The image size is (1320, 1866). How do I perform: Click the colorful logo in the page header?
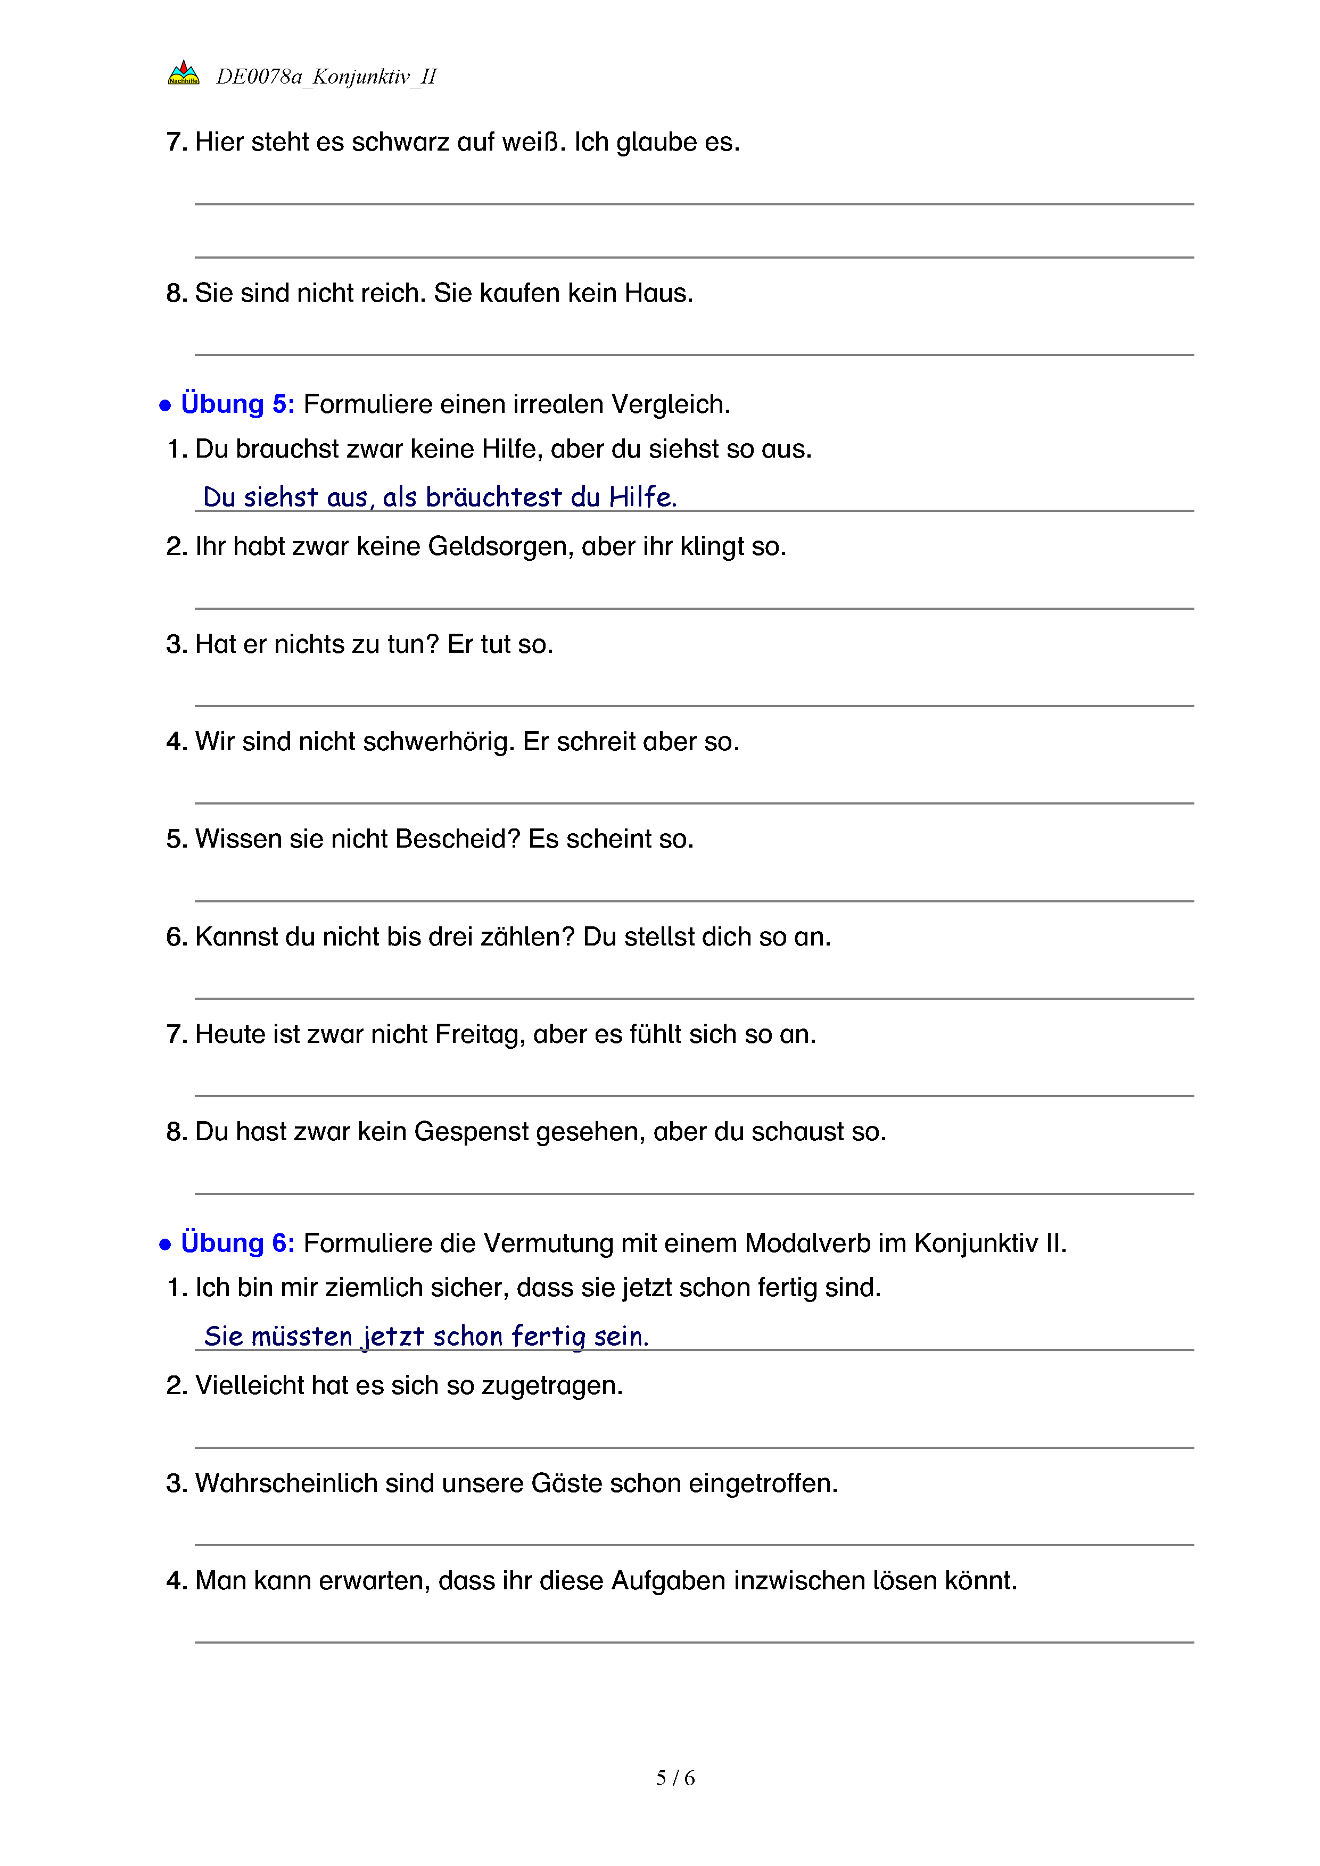[x=183, y=73]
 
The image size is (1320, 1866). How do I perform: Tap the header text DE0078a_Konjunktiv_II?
[x=326, y=77]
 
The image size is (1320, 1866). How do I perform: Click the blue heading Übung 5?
[x=237, y=404]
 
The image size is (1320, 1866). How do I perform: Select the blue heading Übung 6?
[x=237, y=1242]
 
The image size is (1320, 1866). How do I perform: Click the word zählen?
[x=527, y=937]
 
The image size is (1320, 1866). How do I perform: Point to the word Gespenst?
[x=472, y=1132]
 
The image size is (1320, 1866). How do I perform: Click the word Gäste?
[x=566, y=1483]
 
